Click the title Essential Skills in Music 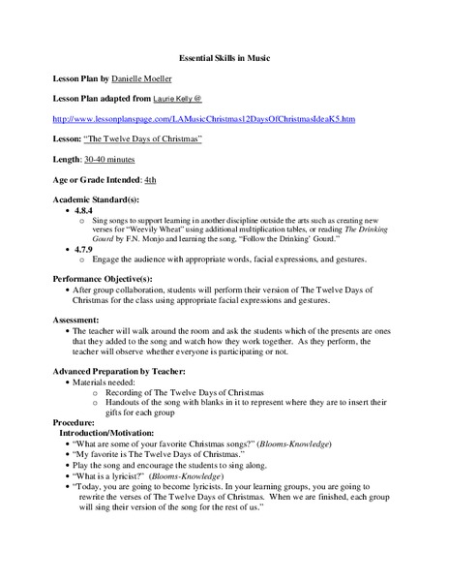(225, 57)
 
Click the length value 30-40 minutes (121, 162)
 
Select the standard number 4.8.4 (83, 210)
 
